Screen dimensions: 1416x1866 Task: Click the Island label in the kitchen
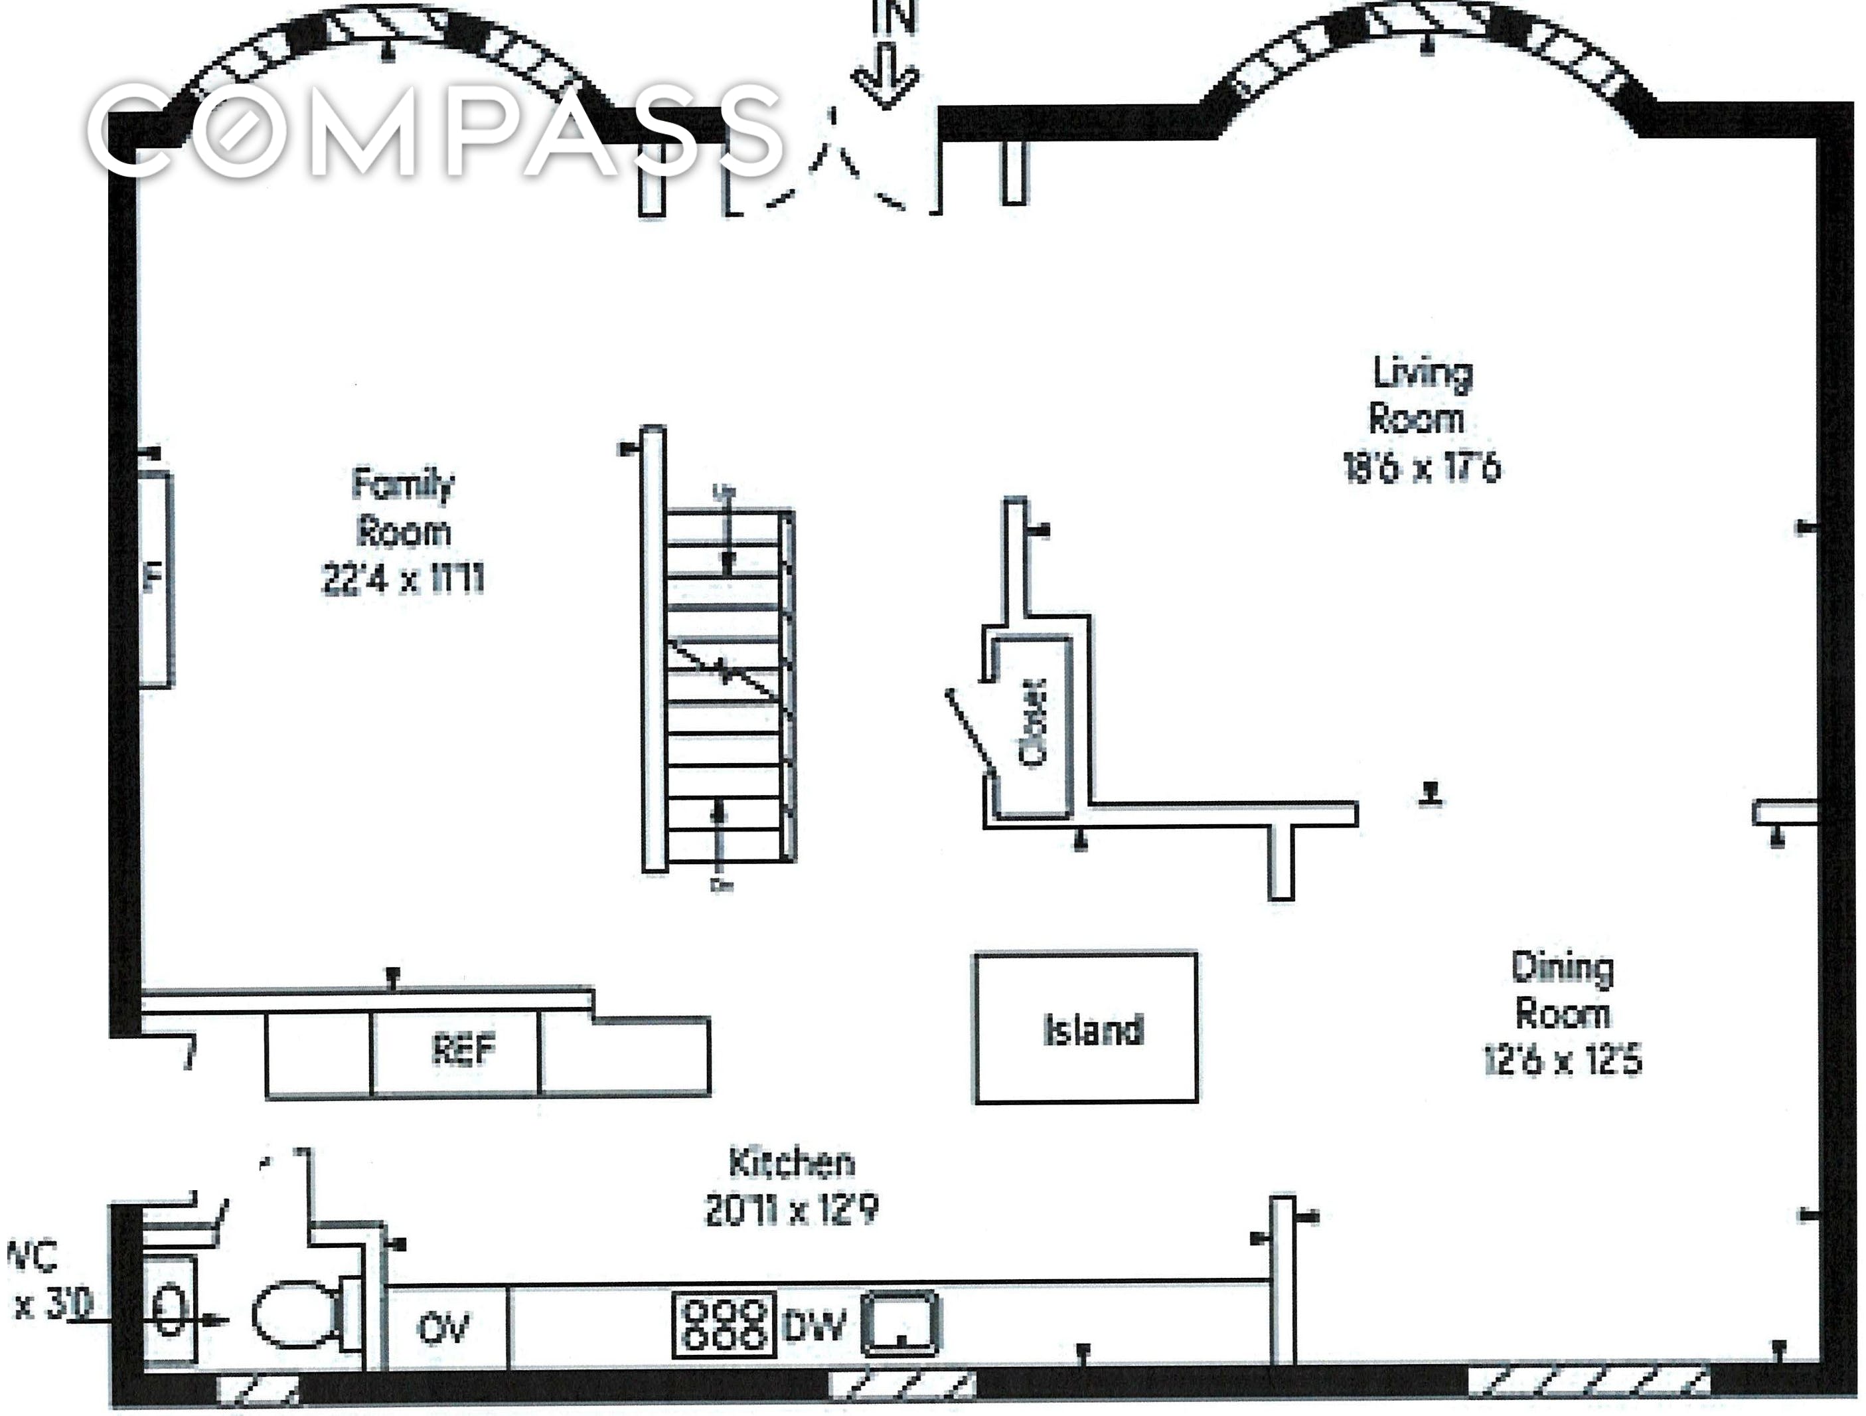(1093, 1030)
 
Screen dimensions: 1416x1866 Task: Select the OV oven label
(443, 1329)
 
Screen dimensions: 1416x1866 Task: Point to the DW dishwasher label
(813, 1326)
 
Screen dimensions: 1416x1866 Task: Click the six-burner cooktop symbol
(724, 1326)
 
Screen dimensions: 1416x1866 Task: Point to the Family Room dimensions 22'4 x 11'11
(403, 580)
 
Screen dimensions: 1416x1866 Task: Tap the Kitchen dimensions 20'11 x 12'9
(791, 1211)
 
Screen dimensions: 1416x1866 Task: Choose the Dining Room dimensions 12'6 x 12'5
(1563, 1061)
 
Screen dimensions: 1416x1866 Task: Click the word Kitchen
(791, 1163)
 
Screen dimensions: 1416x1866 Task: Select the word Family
(403, 484)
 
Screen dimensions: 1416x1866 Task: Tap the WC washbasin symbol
(169, 1310)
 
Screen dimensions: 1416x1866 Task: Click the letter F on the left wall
(152, 579)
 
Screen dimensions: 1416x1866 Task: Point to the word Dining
(1563, 967)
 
